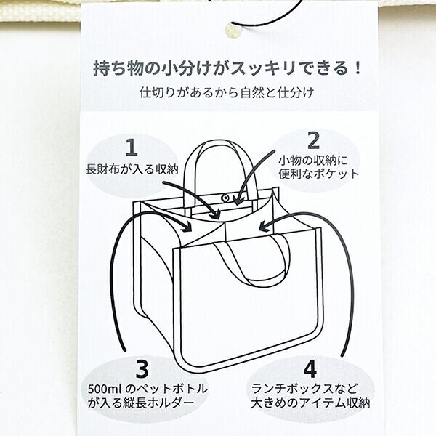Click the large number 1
(x=131, y=148)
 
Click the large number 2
(x=313, y=139)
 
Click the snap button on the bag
(x=226, y=197)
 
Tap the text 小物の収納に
(x=314, y=158)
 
